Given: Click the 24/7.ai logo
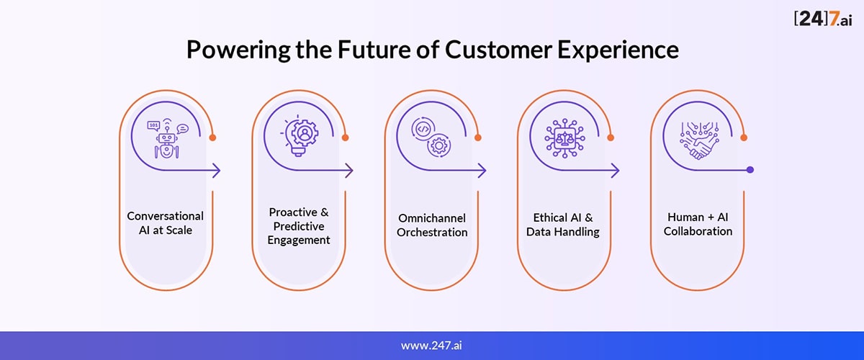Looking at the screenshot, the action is tap(823, 18).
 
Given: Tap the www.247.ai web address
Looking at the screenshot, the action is tap(431, 345).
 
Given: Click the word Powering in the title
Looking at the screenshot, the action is tap(238, 50).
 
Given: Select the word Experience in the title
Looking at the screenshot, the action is tap(618, 50).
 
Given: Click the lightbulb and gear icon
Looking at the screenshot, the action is tap(300, 136).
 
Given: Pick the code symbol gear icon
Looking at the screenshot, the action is tap(431, 137).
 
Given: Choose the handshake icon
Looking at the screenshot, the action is tap(699, 140).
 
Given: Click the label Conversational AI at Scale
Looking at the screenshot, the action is tap(166, 223).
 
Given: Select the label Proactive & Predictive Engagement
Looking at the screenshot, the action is tap(299, 226).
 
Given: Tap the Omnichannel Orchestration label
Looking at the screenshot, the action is tap(432, 225).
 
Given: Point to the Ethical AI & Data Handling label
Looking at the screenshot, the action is tap(563, 225).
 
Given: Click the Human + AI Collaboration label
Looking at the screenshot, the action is tap(698, 224).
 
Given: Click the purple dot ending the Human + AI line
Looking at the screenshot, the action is tap(750, 170).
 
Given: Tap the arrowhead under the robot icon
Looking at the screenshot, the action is tap(217, 170).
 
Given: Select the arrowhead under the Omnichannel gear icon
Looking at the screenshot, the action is tap(482, 170).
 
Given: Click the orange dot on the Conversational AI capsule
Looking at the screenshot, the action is tap(212, 138).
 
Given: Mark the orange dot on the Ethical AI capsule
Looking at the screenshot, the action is tap(611, 138).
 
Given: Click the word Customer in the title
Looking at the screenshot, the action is tap(499, 50).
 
